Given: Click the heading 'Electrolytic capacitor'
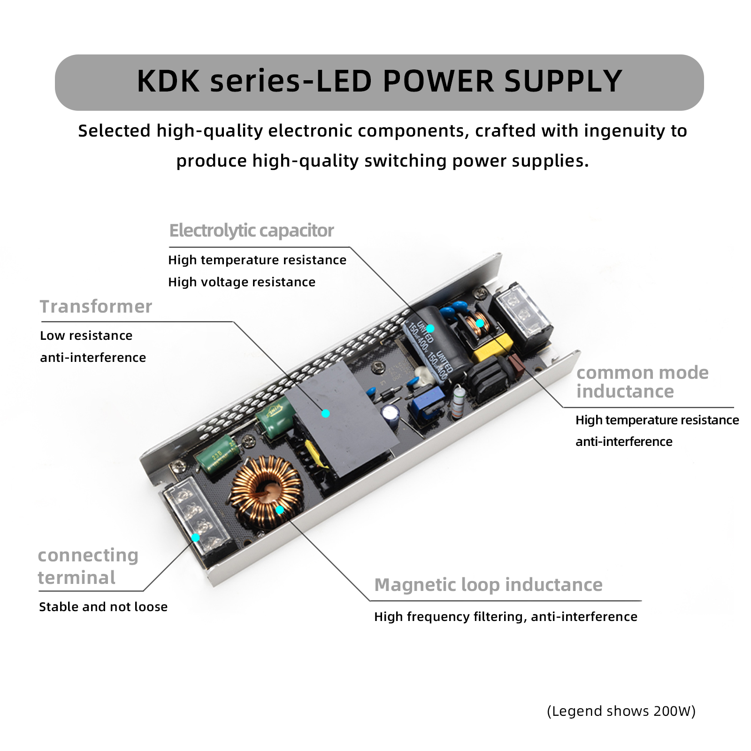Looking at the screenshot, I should point(251,231).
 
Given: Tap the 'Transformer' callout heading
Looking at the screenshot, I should point(96,307).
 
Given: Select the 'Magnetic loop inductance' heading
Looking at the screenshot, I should point(488,585).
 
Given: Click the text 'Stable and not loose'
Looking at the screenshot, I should point(103,607).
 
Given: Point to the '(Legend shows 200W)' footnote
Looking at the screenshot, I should point(621,711).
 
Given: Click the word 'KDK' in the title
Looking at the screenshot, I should point(168,81).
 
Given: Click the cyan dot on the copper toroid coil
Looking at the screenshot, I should point(280,510).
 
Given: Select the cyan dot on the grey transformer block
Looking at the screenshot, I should point(326,414).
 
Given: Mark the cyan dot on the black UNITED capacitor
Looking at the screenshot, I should point(430,329).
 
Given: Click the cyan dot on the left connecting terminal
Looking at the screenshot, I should point(196,538).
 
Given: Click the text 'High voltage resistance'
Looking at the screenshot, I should point(242,282).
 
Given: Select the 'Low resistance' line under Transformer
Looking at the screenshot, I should point(86,336).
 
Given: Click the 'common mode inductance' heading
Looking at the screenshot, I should point(642,382).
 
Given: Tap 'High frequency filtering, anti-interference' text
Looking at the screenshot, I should point(506,617).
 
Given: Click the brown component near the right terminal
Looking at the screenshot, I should point(517,366).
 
